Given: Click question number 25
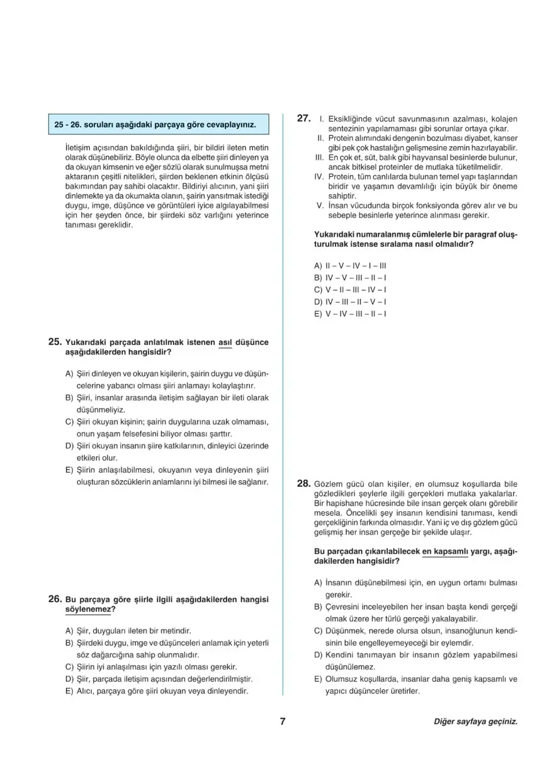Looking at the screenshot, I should click(x=54, y=343).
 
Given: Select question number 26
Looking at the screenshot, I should click(x=54, y=599).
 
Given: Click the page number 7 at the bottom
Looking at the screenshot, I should click(x=283, y=722).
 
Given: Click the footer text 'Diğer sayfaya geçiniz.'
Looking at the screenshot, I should click(x=475, y=722).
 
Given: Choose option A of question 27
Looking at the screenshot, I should click(x=349, y=265).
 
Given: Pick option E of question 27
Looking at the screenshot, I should click(x=349, y=313).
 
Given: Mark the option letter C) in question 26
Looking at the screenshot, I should click(x=69, y=666).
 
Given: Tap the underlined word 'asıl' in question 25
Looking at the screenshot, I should click(x=225, y=343).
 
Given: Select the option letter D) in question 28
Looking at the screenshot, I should click(x=319, y=655).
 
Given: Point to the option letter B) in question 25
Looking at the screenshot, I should click(x=69, y=398).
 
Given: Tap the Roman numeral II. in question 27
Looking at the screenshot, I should click(x=319, y=138).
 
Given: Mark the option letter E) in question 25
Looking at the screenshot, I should click(x=69, y=470).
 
